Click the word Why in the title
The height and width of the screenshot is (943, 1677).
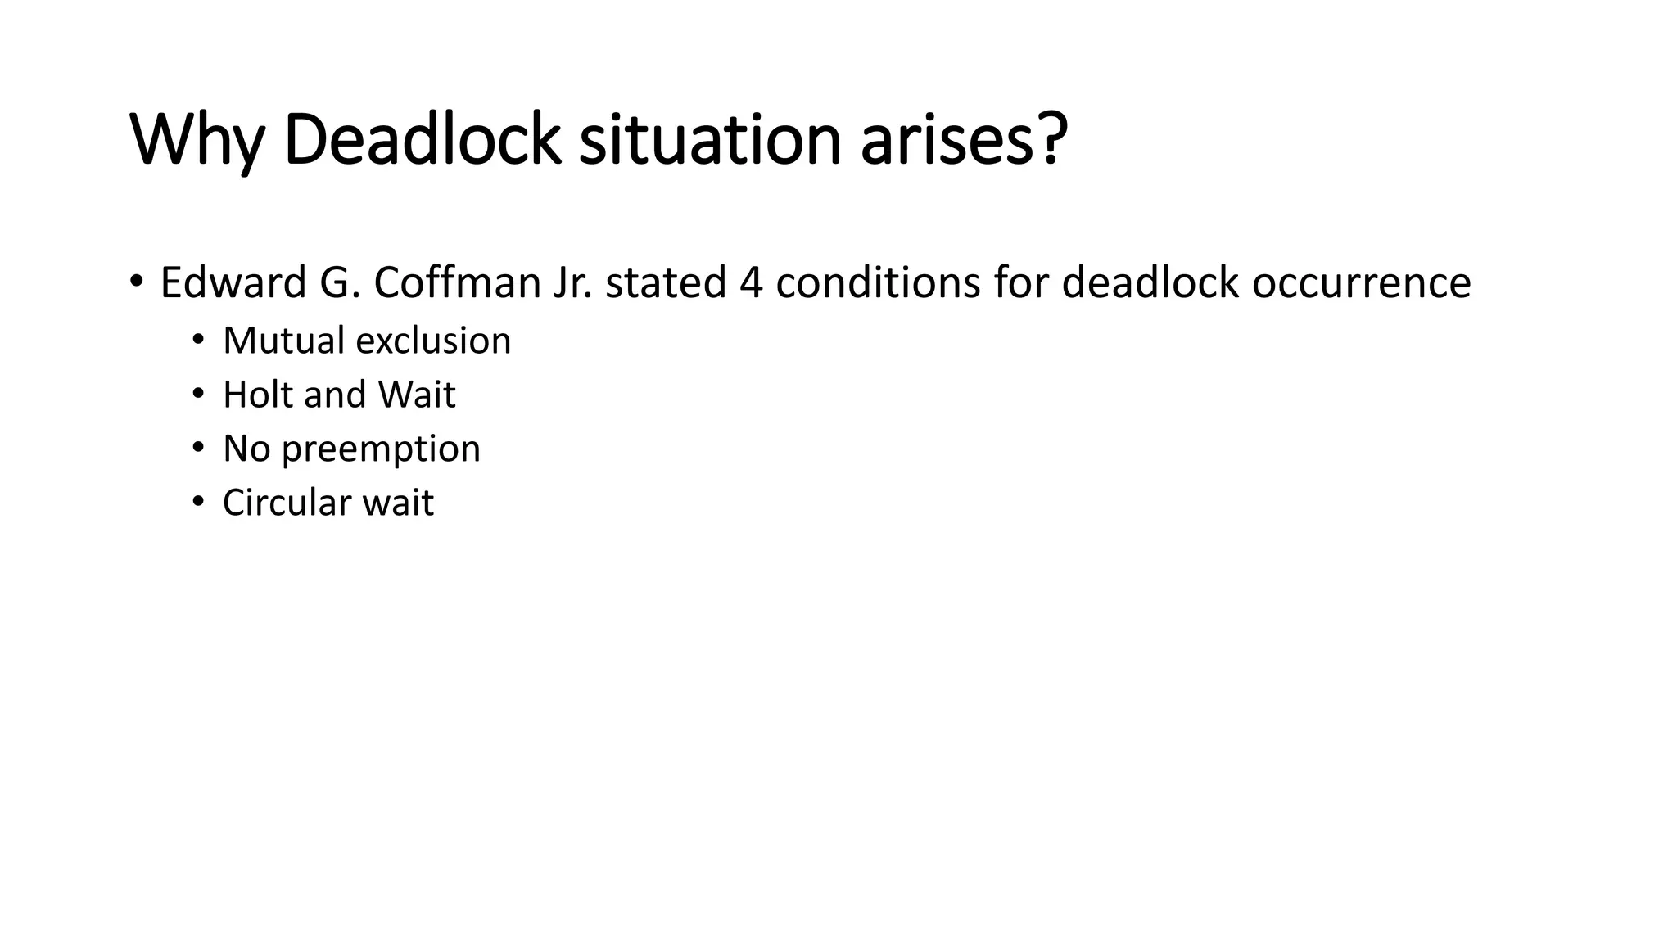[x=197, y=140]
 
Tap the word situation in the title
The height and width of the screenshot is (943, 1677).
[x=710, y=140]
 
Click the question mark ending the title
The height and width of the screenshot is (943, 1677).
[x=1055, y=138]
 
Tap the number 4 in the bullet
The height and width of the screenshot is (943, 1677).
[x=751, y=283]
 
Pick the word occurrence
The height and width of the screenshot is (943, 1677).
[x=1361, y=283]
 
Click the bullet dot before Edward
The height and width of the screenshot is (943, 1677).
[x=136, y=282]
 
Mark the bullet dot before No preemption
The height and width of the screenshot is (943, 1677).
[x=198, y=448]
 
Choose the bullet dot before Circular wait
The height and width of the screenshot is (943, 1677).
[x=198, y=502]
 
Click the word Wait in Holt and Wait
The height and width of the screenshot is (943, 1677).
[x=416, y=395]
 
